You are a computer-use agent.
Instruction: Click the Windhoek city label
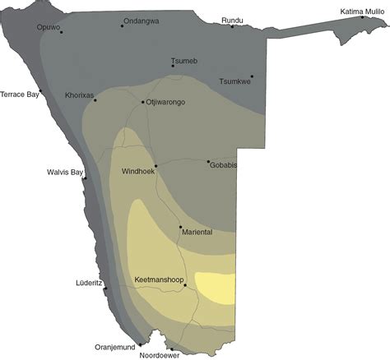[138, 172]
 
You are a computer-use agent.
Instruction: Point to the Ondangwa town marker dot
[123, 25]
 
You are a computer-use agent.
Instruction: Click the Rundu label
[232, 20]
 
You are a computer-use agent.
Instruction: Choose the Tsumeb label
[183, 61]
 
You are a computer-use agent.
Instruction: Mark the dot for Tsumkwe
[252, 76]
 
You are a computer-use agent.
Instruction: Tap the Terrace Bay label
[20, 95]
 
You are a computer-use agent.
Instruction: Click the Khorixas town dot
[95, 100]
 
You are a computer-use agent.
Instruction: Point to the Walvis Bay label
[65, 172]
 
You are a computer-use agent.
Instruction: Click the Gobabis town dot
[208, 162]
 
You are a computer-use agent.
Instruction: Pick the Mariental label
[197, 233]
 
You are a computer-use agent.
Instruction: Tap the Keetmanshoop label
[159, 280]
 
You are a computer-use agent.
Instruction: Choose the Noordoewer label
[160, 355]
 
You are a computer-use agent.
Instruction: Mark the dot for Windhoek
[156, 166]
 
